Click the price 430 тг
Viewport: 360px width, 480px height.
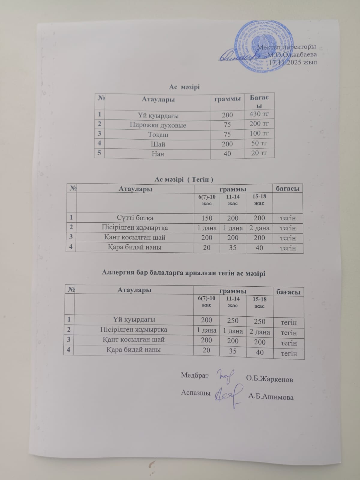click(259, 114)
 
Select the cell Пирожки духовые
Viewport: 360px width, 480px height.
click(158, 125)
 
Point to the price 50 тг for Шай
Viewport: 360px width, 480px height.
click(259, 143)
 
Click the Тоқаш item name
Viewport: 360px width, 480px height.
click(158, 135)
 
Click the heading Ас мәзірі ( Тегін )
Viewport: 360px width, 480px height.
click(184, 180)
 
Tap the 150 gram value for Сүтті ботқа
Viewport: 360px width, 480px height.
click(207, 218)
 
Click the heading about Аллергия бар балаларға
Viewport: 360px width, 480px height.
click(184, 273)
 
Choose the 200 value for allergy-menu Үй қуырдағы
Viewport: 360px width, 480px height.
click(206, 320)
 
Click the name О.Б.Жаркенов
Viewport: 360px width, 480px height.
click(269, 379)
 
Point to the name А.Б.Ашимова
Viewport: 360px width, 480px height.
click(271, 397)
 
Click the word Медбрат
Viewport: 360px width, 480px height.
click(195, 375)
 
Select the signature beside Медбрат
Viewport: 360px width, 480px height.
click(225, 376)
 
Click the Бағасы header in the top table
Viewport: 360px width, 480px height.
click(259, 101)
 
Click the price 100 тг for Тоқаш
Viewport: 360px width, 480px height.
click(259, 133)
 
